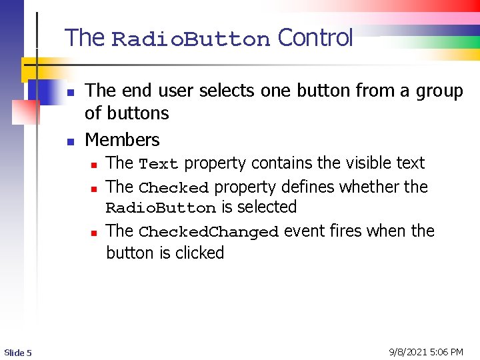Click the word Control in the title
pyautogui.click(x=315, y=38)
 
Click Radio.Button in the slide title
pyautogui.click(x=191, y=40)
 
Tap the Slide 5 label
pyautogui.click(x=18, y=352)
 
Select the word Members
pyautogui.click(x=123, y=140)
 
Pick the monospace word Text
pyautogui.click(x=158, y=164)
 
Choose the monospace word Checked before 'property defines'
pyautogui.click(x=174, y=188)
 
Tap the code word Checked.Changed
pyautogui.click(x=208, y=232)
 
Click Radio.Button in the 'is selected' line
pyautogui.click(x=161, y=208)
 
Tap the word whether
pyautogui.click(x=369, y=187)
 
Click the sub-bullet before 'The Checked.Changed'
pyautogui.click(x=95, y=233)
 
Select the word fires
pyautogui.click(x=346, y=231)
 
